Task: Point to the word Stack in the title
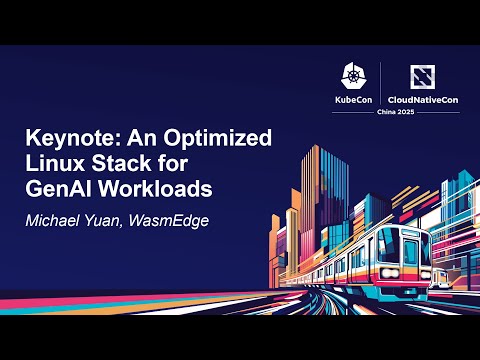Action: (139, 163)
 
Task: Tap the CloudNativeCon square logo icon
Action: (420, 78)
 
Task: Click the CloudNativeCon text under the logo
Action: (420, 101)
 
